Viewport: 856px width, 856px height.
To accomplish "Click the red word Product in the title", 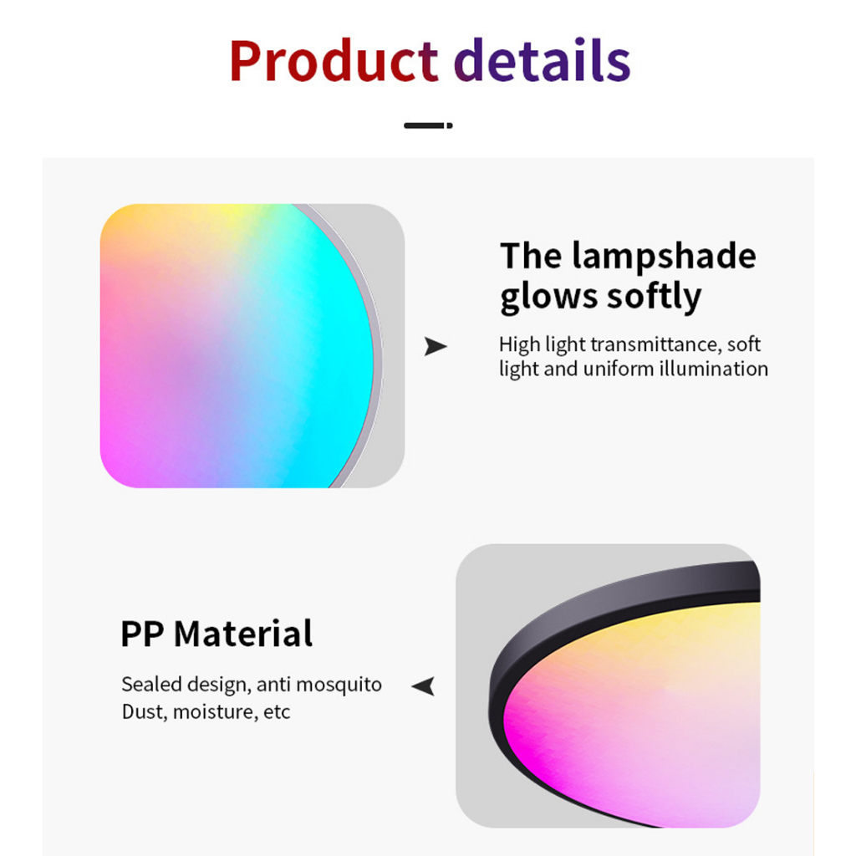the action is click(x=334, y=60).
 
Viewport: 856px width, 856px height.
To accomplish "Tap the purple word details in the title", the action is click(x=543, y=59).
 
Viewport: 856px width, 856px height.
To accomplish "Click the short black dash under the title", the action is click(x=428, y=125).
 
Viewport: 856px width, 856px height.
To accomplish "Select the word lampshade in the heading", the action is click(x=664, y=257).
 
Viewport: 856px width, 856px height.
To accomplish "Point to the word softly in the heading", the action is click(x=654, y=297).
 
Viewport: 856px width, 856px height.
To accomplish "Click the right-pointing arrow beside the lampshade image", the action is click(x=435, y=346).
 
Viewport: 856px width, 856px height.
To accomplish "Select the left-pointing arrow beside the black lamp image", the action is click(x=424, y=685).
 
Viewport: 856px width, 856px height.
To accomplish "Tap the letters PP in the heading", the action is click(x=142, y=634).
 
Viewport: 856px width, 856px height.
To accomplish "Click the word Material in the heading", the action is click(x=243, y=634).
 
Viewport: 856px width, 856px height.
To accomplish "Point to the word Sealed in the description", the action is click(x=152, y=684).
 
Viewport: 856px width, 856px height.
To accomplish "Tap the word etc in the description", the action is click(x=277, y=712).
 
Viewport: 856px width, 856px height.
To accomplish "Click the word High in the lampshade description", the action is click(x=519, y=345).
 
